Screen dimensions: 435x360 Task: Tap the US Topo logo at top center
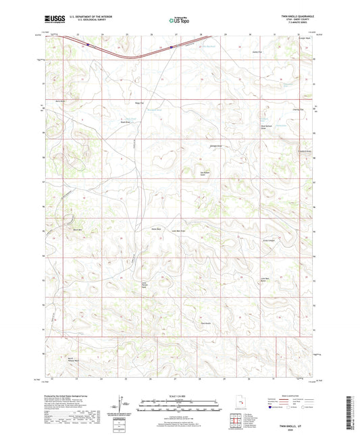[x=175, y=21]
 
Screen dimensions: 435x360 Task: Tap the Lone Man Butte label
[x=257, y=280]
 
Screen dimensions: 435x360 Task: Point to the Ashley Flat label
[x=256, y=51]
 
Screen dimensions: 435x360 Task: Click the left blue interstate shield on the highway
[x=88, y=45]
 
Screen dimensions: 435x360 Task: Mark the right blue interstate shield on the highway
[x=172, y=47]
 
